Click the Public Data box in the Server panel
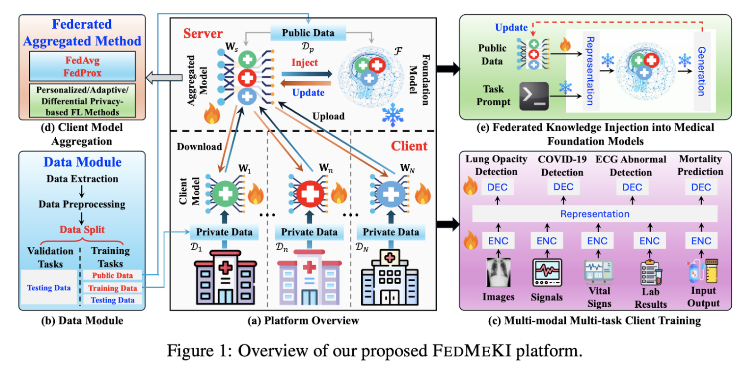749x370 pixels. point(308,33)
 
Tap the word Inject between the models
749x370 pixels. point(305,63)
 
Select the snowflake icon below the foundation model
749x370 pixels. point(392,115)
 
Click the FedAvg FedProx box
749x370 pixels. point(83,67)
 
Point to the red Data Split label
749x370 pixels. point(82,230)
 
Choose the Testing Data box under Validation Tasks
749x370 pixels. point(49,288)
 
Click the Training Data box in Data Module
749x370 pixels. point(112,288)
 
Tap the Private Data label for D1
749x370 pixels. point(224,232)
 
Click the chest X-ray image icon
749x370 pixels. point(498,273)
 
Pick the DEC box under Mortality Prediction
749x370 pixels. point(701,187)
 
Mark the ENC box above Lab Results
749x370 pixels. point(649,241)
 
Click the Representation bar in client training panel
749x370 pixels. point(595,214)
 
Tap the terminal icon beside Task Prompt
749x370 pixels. point(534,96)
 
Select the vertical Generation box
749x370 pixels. point(702,71)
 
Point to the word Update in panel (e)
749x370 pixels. point(511,27)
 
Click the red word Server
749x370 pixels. point(203,34)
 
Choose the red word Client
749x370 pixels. point(409,146)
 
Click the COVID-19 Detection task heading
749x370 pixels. point(562,166)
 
